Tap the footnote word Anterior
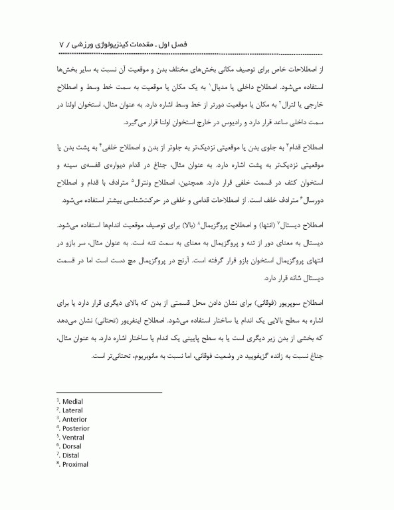(74, 419)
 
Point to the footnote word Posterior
(76, 428)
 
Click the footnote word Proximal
(75, 464)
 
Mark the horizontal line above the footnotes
(109, 392)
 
